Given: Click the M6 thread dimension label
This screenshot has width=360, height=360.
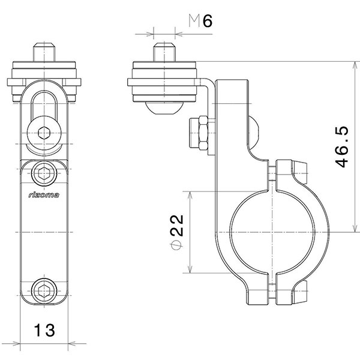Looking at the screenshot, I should pyautogui.click(x=201, y=22).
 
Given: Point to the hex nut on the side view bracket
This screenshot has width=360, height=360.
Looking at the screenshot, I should pyautogui.click(x=199, y=133).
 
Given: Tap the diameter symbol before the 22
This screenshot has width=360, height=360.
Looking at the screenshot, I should pyautogui.click(x=176, y=246).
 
